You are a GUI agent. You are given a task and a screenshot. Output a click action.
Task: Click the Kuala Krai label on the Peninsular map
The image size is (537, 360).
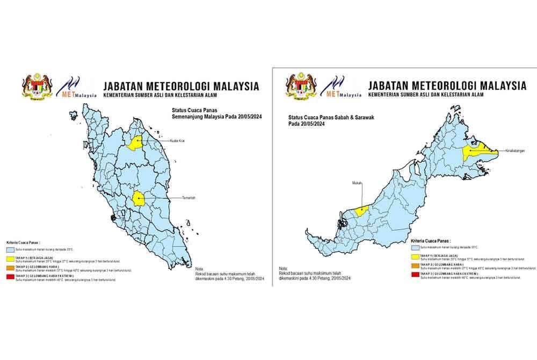178,141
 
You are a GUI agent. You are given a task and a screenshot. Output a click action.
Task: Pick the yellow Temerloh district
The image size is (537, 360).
140,199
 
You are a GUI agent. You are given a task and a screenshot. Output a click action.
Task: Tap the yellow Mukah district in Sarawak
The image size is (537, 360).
360,211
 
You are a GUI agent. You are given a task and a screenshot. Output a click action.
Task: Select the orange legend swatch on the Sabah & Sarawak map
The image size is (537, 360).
415,266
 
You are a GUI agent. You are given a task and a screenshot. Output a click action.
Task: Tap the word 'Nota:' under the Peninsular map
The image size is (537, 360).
199,269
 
